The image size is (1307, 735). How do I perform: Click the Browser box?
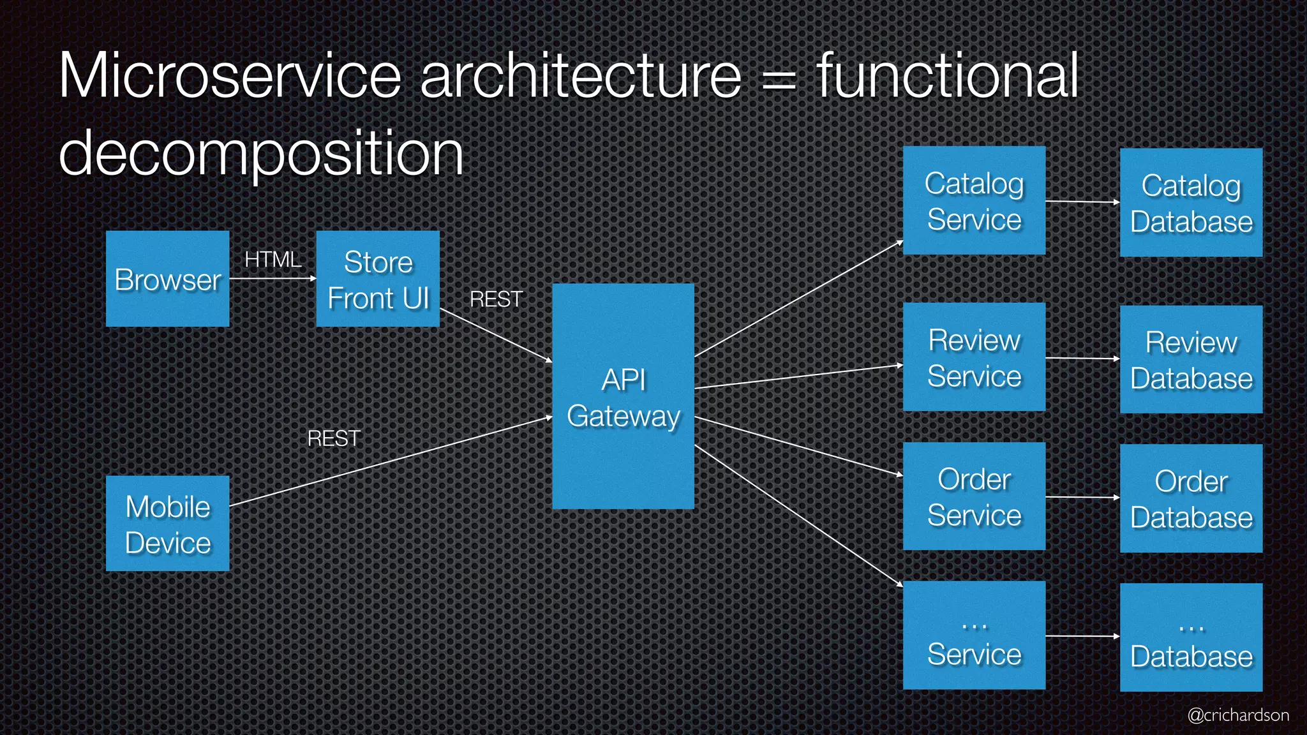pyautogui.click(x=167, y=279)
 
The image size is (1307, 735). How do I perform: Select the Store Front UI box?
pyautogui.click(x=378, y=279)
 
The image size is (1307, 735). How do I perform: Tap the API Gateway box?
pyautogui.click(x=623, y=396)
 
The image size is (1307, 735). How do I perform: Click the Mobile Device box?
pyautogui.click(x=167, y=523)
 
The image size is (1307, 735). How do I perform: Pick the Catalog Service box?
pyautogui.click(x=974, y=200)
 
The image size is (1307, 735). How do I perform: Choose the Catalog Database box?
pyautogui.click(x=1191, y=203)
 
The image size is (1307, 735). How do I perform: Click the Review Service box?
pyautogui.click(x=974, y=357)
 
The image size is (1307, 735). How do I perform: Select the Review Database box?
pyautogui.click(x=1191, y=359)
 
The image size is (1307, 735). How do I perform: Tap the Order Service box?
pyautogui.click(x=974, y=496)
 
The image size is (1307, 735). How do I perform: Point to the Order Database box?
pyautogui.click(x=1191, y=498)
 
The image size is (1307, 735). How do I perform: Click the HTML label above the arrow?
pyautogui.click(x=273, y=260)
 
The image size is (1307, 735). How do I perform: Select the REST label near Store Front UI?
pyautogui.click(x=496, y=299)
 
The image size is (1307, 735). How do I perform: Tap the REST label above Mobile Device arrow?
pyautogui.click(x=334, y=438)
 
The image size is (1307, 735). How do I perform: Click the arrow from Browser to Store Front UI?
pyautogui.click(x=273, y=278)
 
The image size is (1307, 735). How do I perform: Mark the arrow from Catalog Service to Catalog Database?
pyautogui.click(x=1082, y=202)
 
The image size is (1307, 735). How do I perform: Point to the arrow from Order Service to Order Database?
pyautogui.click(x=1082, y=497)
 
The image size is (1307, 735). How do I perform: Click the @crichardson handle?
pyautogui.click(x=1237, y=715)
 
